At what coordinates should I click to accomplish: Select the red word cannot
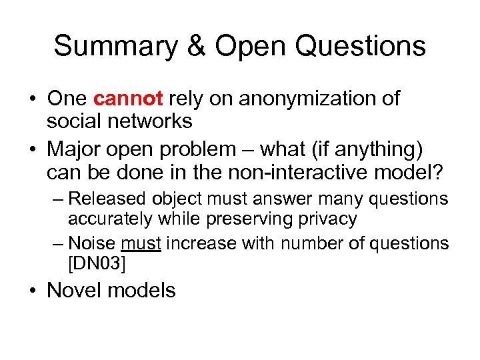(128, 99)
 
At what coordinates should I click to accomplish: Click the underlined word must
(141, 244)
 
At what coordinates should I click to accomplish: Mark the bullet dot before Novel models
(33, 291)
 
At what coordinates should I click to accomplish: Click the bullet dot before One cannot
(33, 99)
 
